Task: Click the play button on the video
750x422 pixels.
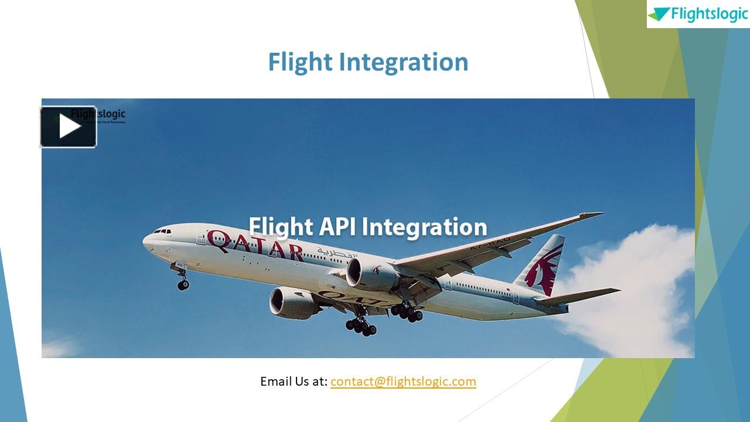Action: pyautogui.click(x=69, y=127)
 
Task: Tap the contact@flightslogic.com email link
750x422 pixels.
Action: pyautogui.click(x=403, y=382)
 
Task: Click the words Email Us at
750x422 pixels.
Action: pyautogui.click(x=293, y=382)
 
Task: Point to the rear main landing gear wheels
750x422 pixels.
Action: pyautogui.click(x=408, y=314)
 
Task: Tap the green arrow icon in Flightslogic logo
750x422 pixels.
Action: pyautogui.click(x=659, y=14)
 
